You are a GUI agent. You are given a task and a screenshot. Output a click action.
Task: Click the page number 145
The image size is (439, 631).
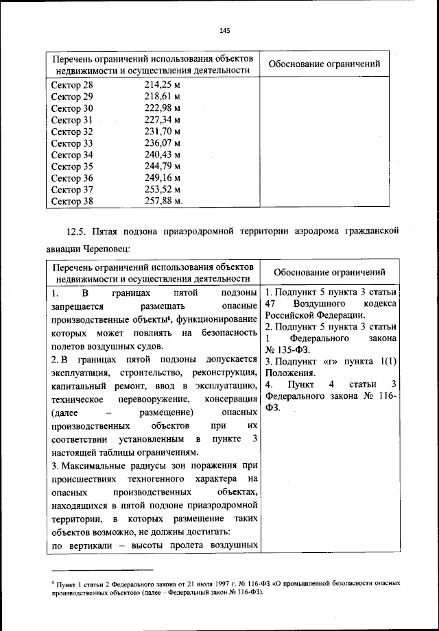(x=224, y=30)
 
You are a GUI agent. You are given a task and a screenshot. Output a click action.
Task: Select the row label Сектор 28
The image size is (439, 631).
(x=72, y=85)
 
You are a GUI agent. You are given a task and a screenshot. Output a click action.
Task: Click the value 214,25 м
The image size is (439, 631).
(x=162, y=85)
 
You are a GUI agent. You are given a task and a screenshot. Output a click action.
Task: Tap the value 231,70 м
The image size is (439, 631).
(x=162, y=132)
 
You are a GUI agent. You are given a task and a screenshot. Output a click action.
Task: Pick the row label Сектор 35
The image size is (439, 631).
(x=72, y=166)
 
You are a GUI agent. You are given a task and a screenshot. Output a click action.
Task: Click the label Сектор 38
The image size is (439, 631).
(x=72, y=201)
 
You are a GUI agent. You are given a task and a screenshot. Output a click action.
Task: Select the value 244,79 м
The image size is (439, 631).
(x=162, y=166)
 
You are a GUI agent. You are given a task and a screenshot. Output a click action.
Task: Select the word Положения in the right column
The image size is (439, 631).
(x=290, y=373)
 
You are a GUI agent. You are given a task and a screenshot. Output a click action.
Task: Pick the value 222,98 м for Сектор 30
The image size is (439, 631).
(x=162, y=108)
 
